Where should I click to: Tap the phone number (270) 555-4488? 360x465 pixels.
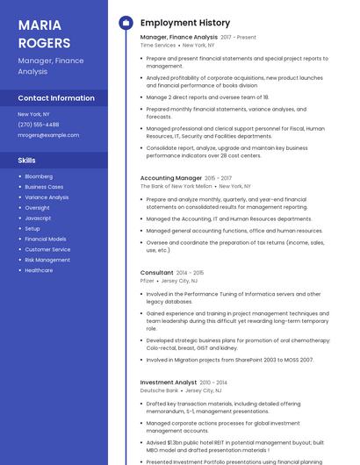pos(39,125)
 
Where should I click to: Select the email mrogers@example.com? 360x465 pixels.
pos(48,135)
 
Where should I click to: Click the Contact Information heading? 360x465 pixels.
pos(56,98)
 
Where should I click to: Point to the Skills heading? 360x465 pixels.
pos(27,161)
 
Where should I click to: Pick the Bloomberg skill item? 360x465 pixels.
pos(39,176)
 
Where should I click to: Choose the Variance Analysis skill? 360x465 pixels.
pos(47,197)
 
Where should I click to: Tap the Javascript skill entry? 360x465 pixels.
pos(38,218)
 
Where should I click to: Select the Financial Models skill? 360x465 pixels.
pos(45,239)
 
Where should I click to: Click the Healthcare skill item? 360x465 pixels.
pos(39,270)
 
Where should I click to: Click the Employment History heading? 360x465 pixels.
pos(185,23)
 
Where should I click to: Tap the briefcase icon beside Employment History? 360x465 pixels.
pos(125,23)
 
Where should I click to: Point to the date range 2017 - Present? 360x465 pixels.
pos(239,38)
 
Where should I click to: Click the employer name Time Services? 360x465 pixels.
pos(158,46)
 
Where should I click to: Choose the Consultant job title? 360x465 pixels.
pos(157,273)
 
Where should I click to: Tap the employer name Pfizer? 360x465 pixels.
pos(148,281)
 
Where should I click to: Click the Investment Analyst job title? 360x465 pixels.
pos(169,383)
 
